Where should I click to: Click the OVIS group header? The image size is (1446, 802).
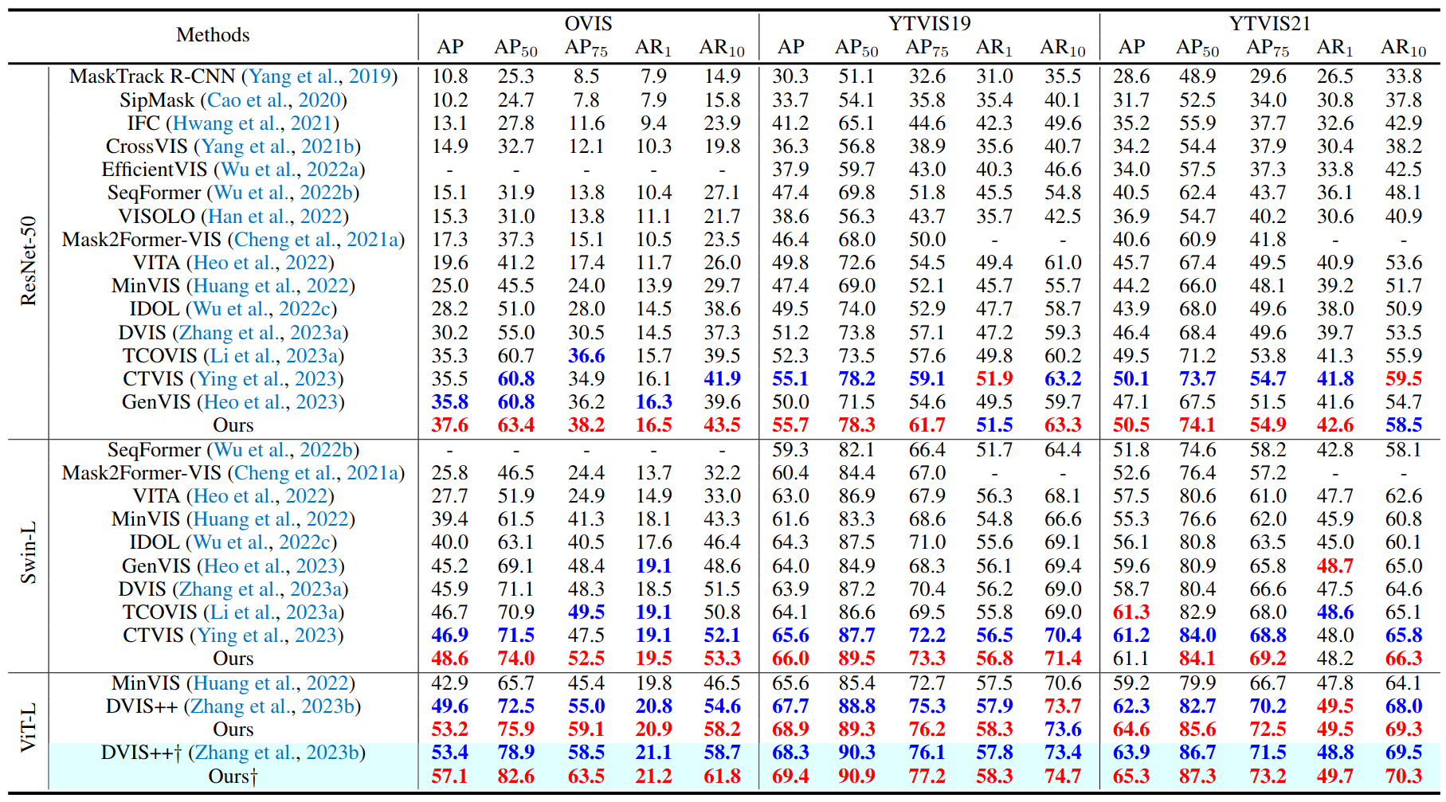point(588,23)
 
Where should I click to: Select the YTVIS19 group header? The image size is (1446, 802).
point(929,23)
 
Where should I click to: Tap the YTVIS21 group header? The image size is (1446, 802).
point(1269,23)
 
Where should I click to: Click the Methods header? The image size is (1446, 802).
point(213,35)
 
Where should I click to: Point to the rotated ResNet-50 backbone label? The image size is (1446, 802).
point(29,260)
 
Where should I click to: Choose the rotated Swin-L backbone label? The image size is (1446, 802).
point(29,553)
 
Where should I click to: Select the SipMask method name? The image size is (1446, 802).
point(157,100)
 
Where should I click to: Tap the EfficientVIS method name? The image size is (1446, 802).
point(155,170)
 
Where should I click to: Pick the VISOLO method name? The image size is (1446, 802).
point(157,217)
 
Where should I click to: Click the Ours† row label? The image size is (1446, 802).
point(233,777)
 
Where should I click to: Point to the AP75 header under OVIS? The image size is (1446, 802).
point(586,48)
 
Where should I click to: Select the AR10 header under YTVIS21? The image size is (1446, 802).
point(1403,48)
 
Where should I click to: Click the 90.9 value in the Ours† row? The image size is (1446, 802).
point(856,777)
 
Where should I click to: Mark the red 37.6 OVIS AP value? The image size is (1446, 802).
point(449,425)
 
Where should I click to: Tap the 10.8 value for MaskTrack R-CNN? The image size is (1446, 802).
point(449,76)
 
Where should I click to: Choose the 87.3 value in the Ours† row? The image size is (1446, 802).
point(1197,777)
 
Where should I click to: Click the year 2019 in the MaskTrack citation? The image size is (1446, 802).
point(370,76)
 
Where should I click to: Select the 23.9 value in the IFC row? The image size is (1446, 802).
point(722,123)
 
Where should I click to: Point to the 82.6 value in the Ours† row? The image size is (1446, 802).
point(515,777)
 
